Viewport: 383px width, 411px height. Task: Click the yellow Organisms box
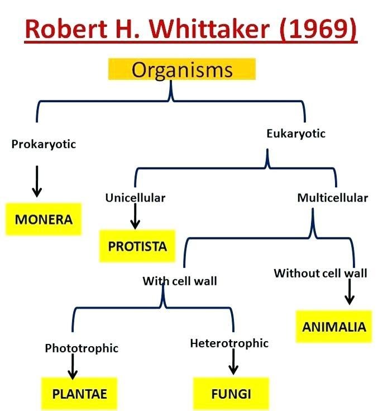[x=182, y=70]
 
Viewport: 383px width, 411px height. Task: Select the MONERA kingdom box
[x=44, y=219]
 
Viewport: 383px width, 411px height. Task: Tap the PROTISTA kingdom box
[x=137, y=246]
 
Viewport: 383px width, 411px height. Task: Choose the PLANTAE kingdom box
[x=79, y=393]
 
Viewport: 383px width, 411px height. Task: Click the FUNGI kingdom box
[x=231, y=393]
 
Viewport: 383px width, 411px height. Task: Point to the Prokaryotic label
[x=44, y=144]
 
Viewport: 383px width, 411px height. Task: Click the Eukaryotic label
[x=296, y=133]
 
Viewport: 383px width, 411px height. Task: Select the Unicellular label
[x=135, y=198]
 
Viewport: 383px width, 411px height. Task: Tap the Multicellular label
[x=332, y=198]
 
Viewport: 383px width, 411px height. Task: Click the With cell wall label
[x=180, y=281]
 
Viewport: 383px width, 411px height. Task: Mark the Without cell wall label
[x=320, y=273]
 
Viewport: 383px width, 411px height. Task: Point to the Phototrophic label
[x=82, y=348]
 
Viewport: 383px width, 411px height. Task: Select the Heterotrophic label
[x=229, y=343]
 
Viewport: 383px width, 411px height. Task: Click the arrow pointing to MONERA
[x=37, y=180]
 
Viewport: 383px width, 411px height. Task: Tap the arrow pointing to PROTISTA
[x=135, y=216]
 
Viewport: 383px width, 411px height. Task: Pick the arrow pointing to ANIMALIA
[x=350, y=292]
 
